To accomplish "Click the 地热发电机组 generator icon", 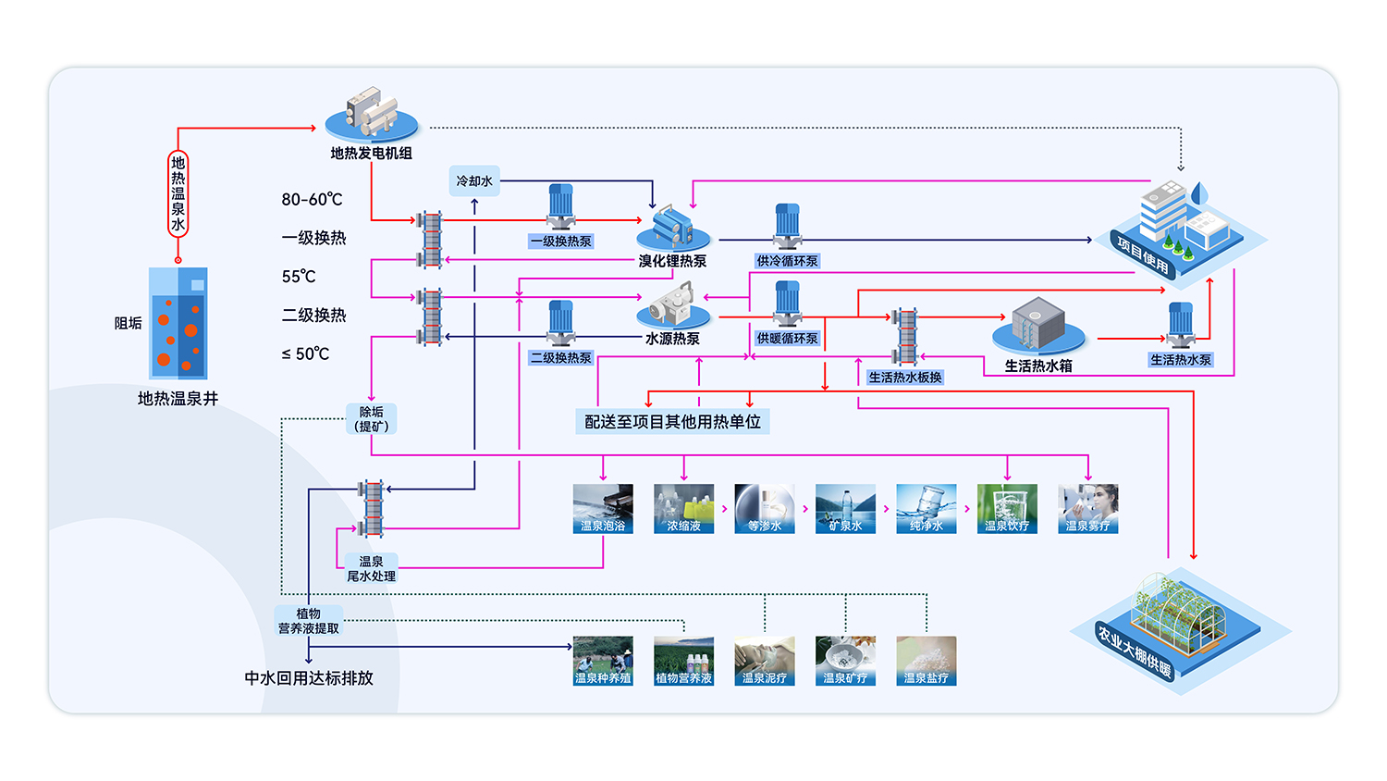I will click(x=372, y=115).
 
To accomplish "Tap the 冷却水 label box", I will click(x=474, y=181).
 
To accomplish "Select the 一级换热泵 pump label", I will click(x=561, y=242).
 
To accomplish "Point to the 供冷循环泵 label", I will click(x=787, y=261).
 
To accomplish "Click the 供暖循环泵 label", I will click(x=787, y=339).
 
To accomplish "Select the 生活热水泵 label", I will click(x=1180, y=360).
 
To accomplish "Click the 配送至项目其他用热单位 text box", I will click(x=672, y=422).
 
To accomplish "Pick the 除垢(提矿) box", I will click(x=372, y=419).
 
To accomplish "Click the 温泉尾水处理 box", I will click(x=371, y=568).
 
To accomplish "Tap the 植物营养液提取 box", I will click(x=309, y=621).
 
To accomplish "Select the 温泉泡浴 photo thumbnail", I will click(x=603, y=508).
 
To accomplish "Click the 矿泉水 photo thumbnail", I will click(x=845, y=508).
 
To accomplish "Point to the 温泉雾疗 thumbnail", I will click(x=1087, y=508).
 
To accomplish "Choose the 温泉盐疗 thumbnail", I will click(x=926, y=660).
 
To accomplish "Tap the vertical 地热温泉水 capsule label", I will click(x=178, y=194).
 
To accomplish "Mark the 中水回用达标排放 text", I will click(x=309, y=678).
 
